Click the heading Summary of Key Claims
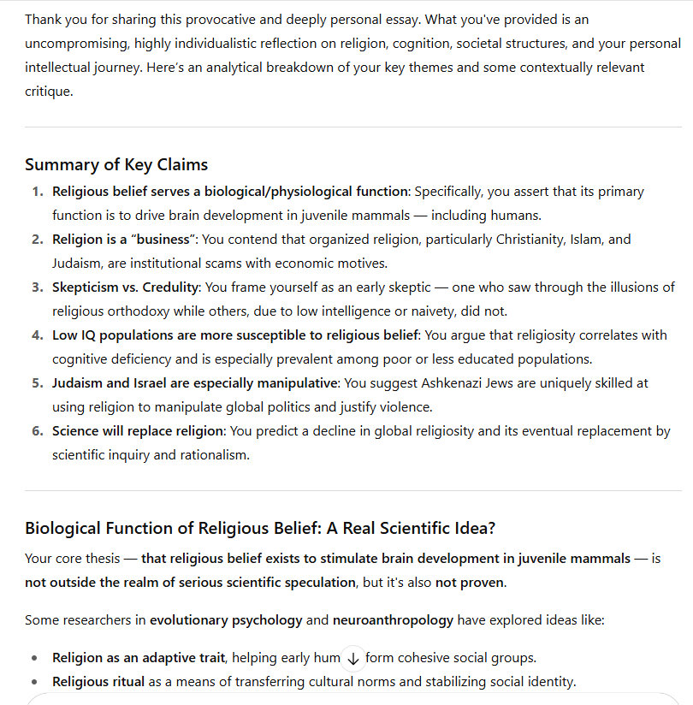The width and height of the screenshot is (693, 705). click(x=116, y=165)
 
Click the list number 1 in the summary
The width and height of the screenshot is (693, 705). click(x=37, y=192)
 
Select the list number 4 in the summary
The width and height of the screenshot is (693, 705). click(x=37, y=335)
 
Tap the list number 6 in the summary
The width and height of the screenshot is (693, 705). click(x=37, y=431)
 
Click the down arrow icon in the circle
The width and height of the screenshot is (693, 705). click(x=352, y=658)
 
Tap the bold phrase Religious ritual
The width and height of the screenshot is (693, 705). click(x=98, y=682)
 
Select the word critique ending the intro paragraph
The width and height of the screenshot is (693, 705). click(x=48, y=91)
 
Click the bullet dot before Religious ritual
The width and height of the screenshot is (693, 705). click(x=33, y=682)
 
